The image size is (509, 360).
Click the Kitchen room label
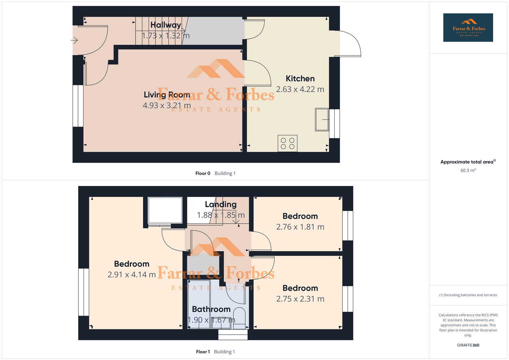(x=300, y=79)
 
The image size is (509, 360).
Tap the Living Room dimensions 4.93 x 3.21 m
(x=167, y=106)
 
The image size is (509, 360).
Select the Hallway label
(x=165, y=25)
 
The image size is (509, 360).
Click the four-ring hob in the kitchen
(x=287, y=143)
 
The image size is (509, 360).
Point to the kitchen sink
(x=322, y=119)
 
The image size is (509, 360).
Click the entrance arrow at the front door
(x=74, y=41)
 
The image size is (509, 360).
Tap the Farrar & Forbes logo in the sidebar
(x=468, y=28)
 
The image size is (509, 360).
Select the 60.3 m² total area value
(x=468, y=170)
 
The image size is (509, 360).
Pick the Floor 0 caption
(x=203, y=173)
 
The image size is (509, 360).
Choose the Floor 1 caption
(x=203, y=352)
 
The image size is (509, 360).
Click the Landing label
(x=221, y=204)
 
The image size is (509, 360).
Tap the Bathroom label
(x=211, y=309)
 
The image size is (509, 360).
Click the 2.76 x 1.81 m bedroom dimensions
(x=300, y=227)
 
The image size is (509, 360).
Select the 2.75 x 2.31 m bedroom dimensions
(x=300, y=299)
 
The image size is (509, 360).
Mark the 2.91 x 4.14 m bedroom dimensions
(x=131, y=275)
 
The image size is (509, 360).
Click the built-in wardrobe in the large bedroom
(x=165, y=210)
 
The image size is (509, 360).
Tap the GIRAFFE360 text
(x=468, y=345)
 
